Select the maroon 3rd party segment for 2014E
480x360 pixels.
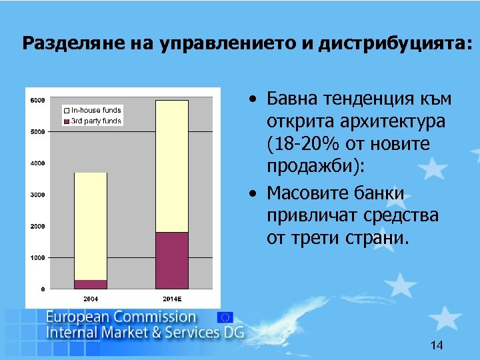172,260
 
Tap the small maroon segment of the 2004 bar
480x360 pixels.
90,284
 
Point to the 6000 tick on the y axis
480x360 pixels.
38,101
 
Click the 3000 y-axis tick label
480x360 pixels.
38,195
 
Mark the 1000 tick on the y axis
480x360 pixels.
38,257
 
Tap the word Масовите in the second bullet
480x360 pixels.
308,193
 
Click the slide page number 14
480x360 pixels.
437,345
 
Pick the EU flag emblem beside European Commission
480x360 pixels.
225,318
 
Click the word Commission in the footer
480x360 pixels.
157,317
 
